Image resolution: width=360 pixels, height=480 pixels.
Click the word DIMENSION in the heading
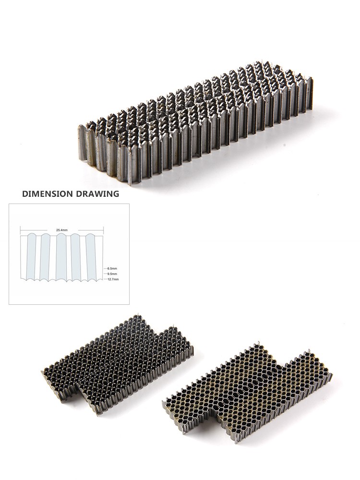(48, 194)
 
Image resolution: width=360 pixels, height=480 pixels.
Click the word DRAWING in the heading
(97, 194)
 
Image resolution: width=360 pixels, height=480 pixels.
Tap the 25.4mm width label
(62, 229)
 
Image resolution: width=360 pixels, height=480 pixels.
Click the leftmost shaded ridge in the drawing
(32, 256)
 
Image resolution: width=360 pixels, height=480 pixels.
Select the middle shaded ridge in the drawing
(61, 256)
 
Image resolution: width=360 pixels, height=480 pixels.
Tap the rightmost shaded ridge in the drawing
(90, 256)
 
